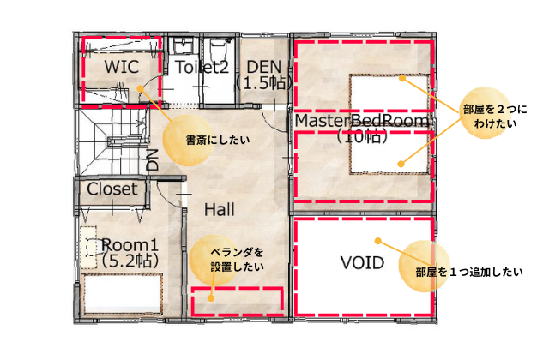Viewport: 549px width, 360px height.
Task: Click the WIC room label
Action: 122,67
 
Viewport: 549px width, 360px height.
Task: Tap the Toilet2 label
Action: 202,67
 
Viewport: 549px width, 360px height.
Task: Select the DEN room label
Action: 264,67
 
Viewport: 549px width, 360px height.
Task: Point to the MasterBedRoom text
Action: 362,121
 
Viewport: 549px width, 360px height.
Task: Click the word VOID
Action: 362,263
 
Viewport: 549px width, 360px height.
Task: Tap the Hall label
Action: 220,209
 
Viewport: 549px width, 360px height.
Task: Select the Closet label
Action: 112,189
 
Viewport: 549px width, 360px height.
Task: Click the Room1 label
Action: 130,244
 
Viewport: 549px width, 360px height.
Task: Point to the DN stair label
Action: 153,160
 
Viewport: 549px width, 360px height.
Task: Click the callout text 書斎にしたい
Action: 218,141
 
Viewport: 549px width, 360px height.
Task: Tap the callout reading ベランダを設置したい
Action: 237,260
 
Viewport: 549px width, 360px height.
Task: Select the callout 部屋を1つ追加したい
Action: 469,272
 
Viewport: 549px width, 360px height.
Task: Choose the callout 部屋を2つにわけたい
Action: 495,117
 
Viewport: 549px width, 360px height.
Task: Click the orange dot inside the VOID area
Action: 377,241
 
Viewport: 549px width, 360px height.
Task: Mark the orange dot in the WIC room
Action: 140,88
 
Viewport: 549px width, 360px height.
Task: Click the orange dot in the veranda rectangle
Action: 211,298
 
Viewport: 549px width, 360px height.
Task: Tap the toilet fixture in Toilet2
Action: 217,49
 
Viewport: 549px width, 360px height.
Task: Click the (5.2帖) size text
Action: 130,261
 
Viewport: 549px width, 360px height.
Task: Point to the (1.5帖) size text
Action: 263,83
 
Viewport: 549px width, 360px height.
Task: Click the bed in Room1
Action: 122,294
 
